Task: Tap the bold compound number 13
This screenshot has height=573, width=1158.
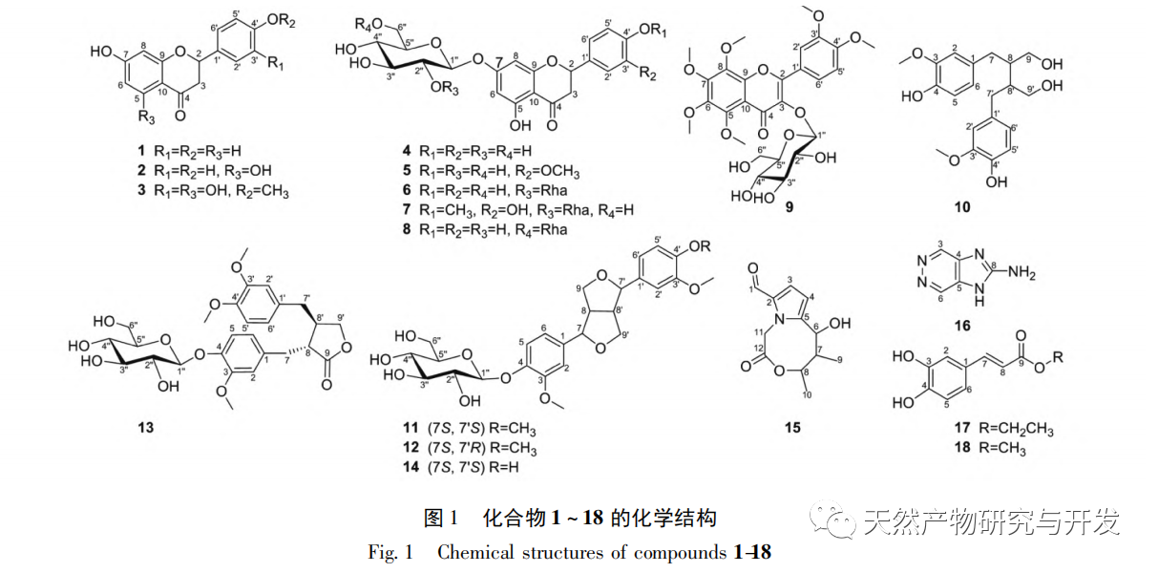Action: point(145,427)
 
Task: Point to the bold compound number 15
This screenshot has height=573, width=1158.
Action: point(792,427)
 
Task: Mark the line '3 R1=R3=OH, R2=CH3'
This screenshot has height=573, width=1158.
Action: point(211,190)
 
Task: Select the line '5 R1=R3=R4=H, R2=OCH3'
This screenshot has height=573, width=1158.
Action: point(507,170)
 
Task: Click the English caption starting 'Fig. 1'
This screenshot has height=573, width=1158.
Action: point(569,552)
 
